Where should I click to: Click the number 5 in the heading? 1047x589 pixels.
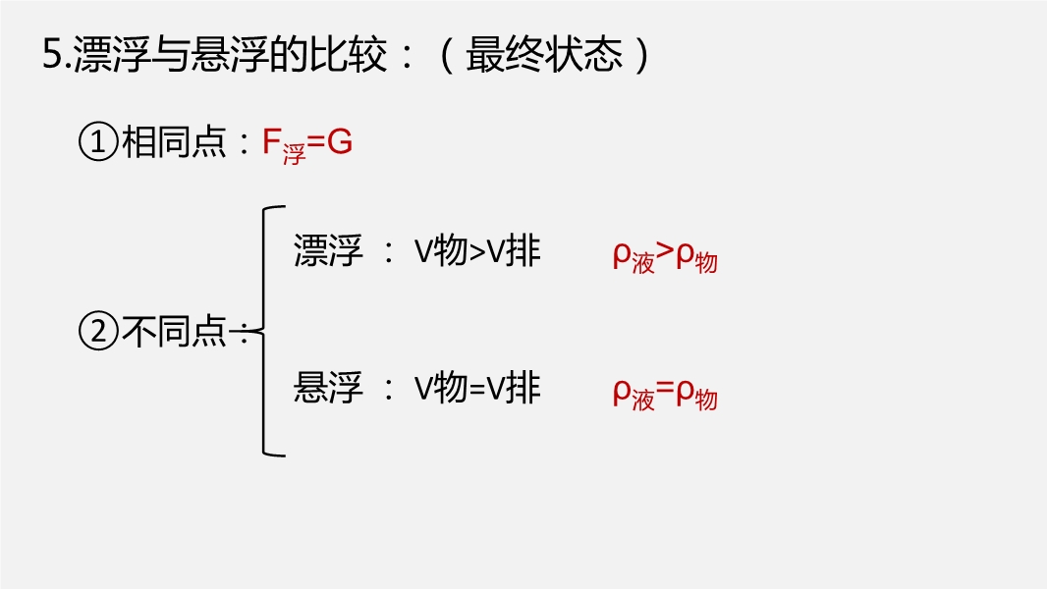point(52,55)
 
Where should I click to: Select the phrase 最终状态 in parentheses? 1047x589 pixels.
point(544,55)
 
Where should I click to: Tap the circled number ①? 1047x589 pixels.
point(97,143)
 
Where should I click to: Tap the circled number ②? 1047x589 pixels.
point(97,332)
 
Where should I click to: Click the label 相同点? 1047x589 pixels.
point(174,143)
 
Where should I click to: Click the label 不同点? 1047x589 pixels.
point(174,332)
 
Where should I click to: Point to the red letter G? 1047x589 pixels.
point(339,143)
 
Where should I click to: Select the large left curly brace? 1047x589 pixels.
point(267,331)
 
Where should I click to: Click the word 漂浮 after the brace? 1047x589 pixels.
point(328,252)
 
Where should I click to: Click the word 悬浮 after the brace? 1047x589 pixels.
point(328,389)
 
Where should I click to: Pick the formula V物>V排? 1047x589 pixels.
point(476,252)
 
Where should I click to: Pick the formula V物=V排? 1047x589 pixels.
point(476,389)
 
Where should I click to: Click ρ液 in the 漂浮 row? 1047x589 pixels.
point(633,257)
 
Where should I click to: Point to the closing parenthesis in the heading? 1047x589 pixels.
point(642,55)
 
